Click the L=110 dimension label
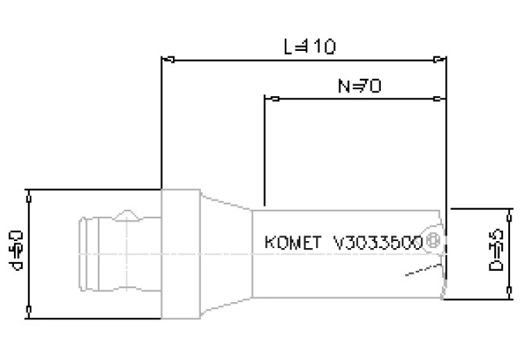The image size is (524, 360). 310,47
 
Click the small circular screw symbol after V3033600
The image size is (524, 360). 432,243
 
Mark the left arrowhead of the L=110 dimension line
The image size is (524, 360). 166,59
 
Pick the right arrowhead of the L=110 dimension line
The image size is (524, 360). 440,59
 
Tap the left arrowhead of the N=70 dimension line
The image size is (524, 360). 271,99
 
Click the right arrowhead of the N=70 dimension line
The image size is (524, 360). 440,99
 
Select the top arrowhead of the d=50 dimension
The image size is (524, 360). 29,194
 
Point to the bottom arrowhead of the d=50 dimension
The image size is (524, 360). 29,314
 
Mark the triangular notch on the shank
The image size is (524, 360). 127,214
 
